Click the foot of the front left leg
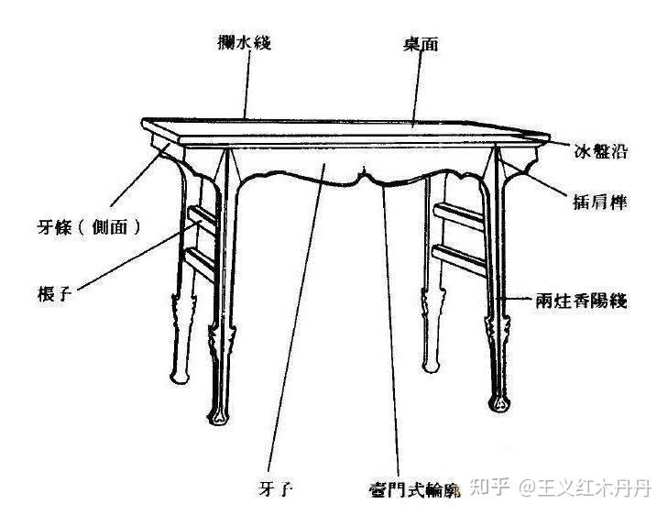[219, 418]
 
